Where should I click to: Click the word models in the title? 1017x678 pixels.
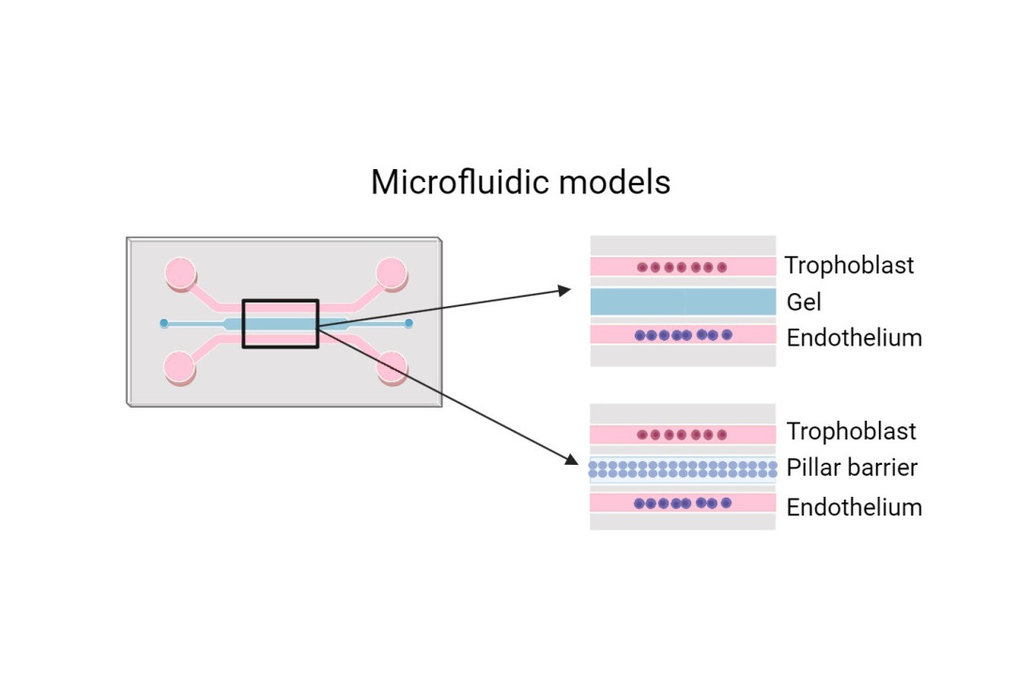pyautogui.click(x=614, y=181)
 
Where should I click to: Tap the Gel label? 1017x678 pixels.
pyautogui.click(x=804, y=301)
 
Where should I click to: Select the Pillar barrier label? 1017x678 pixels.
pyautogui.click(x=852, y=467)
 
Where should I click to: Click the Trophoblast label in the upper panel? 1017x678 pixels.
pyautogui.click(x=849, y=266)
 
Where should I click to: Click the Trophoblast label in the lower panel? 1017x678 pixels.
pyautogui.click(x=851, y=431)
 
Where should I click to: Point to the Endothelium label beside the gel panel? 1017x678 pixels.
pyautogui.click(x=855, y=337)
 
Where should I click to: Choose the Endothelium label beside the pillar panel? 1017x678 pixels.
pyautogui.click(x=855, y=507)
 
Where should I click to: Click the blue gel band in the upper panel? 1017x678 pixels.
pyautogui.click(x=683, y=301)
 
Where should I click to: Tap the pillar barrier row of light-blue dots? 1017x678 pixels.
pyautogui.click(x=683, y=470)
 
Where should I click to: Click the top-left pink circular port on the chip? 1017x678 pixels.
pyautogui.click(x=180, y=273)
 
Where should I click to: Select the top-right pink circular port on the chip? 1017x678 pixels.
pyautogui.click(x=391, y=273)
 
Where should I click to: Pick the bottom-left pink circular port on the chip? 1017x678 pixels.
pyautogui.click(x=179, y=367)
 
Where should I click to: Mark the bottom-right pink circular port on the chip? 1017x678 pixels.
pyautogui.click(x=392, y=367)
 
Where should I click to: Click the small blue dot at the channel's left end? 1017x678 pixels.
pyautogui.click(x=164, y=323)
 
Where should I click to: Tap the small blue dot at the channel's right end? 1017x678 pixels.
pyautogui.click(x=408, y=323)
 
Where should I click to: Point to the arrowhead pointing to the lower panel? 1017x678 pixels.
pyautogui.click(x=571, y=459)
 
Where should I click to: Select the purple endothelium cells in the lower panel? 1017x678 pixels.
pyautogui.click(x=683, y=502)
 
